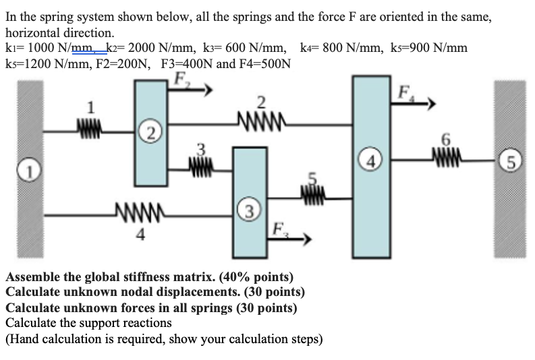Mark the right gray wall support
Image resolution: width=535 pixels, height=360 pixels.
(x=511, y=169)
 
